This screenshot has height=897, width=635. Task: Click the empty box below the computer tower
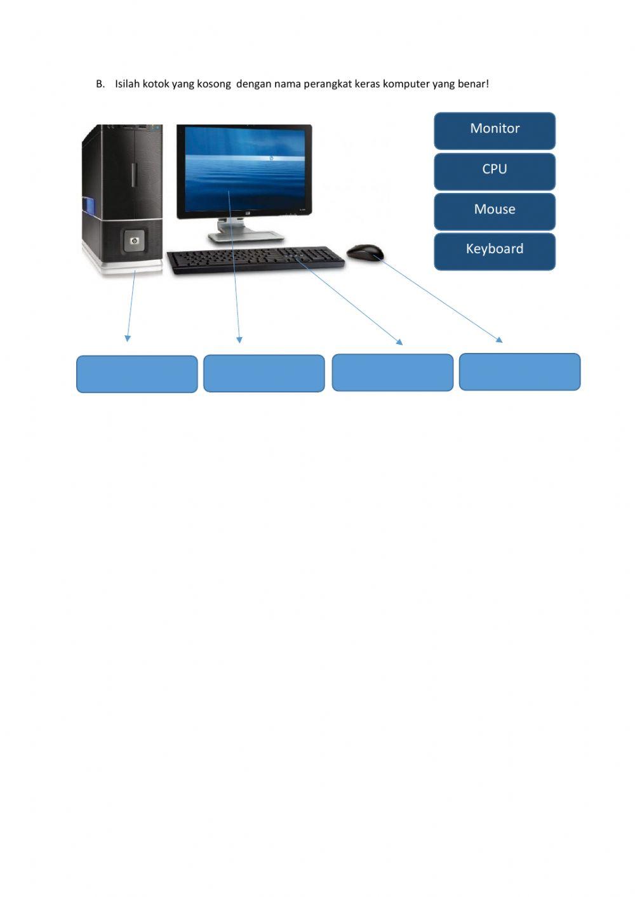(x=137, y=374)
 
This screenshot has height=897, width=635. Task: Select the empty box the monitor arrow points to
(x=264, y=373)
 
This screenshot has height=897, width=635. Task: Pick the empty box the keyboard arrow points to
(x=392, y=373)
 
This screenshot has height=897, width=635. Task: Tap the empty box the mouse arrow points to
(x=519, y=372)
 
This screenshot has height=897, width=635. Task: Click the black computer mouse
(x=365, y=253)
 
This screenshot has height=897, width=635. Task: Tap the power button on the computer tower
(x=134, y=241)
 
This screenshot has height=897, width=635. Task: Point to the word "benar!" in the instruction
(x=473, y=84)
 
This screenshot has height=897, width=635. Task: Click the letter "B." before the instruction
(x=100, y=84)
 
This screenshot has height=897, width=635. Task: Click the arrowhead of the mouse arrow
(x=500, y=341)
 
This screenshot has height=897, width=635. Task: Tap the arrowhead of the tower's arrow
(x=128, y=339)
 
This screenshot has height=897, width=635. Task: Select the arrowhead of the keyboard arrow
(x=400, y=342)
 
